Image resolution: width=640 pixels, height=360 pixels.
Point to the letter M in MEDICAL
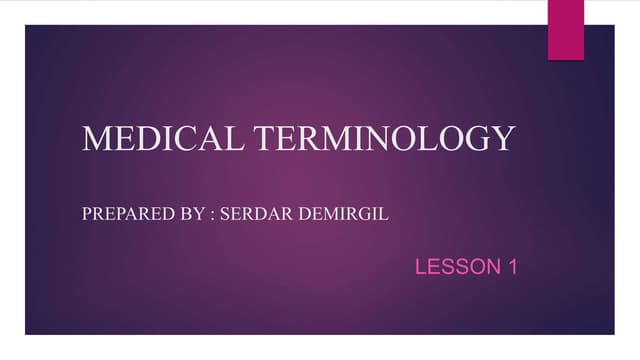click(x=96, y=138)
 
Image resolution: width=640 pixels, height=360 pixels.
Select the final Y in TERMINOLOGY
click(x=503, y=138)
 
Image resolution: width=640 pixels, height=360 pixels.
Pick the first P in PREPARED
click(x=86, y=214)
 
